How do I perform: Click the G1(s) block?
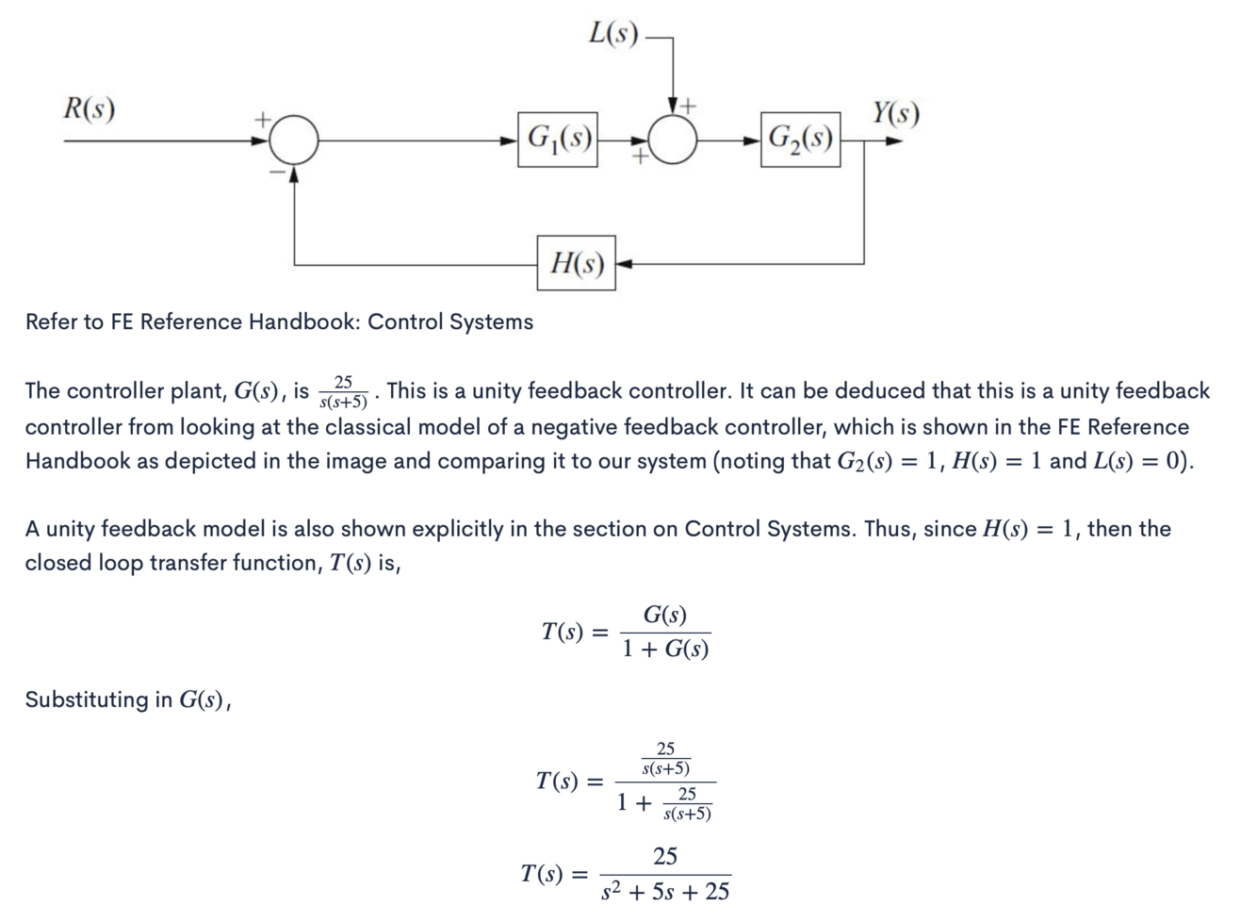pos(558,140)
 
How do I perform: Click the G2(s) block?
pos(800,140)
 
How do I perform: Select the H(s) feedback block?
pos(576,263)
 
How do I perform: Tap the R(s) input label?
pos(90,108)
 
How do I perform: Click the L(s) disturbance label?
pos(613,34)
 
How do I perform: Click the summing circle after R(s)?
pos(294,140)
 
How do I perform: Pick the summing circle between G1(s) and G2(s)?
pos(673,140)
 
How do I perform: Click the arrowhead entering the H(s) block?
pos(624,263)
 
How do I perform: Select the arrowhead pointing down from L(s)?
pos(673,104)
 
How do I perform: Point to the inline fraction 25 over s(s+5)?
pos(343,392)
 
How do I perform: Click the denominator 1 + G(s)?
pos(665,650)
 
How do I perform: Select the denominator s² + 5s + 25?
pos(665,892)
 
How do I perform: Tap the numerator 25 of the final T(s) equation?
pos(665,856)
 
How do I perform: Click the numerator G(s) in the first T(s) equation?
pos(665,616)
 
